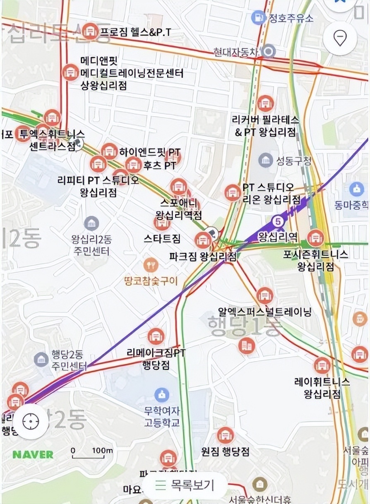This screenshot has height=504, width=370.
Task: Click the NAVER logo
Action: [33, 454]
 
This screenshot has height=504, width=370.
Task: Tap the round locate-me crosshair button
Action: [30, 422]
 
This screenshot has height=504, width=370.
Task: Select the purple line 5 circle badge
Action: [279, 221]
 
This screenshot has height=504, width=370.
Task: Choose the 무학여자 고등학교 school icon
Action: [162, 394]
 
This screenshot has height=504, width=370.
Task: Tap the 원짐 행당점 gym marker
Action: [226, 436]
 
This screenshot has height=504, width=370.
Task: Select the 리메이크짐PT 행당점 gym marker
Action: [156, 336]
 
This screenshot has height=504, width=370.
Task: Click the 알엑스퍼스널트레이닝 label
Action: [265, 312]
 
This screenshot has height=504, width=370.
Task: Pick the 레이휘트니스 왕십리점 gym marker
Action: [322, 365]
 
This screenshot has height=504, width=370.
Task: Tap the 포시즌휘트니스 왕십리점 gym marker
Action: [316, 237]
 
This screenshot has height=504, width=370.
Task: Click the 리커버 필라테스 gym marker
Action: [265, 103]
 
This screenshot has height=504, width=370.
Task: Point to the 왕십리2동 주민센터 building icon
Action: [91, 223]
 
